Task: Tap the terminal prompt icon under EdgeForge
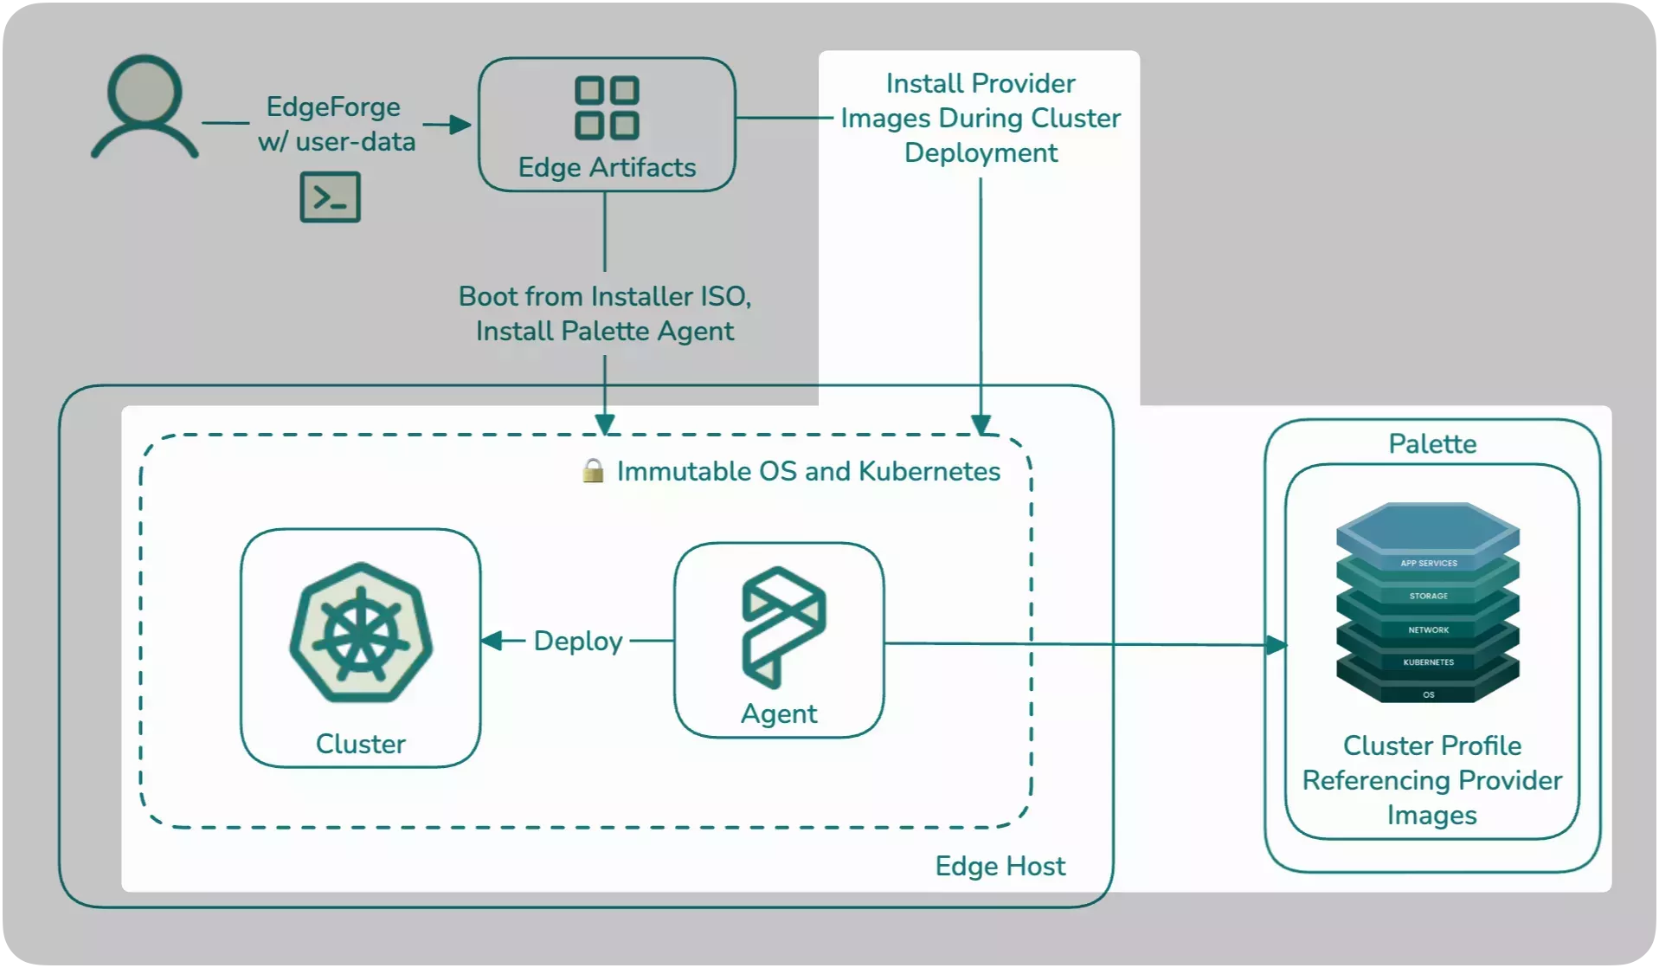click(x=330, y=197)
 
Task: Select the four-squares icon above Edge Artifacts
click(x=607, y=108)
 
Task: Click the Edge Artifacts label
click(x=607, y=167)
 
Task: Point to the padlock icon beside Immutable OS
click(x=593, y=471)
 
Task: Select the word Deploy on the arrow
click(x=578, y=641)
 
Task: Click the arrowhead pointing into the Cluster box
click(x=492, y=641)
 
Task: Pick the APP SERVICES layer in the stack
click(x=1428, y=563)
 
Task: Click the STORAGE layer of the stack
click(x=1428, y=596)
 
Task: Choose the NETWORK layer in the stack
click(x=1428, y=629)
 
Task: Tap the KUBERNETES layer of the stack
click(x=1428, y=662)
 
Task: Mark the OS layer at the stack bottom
click(x=1428, y=694)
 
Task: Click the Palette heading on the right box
click(x=1432, y=444)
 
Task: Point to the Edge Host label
click(x=1000, y=866)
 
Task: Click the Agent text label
click(x=779, y=713)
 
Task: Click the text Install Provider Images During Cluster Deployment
click(x=981, y=118)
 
